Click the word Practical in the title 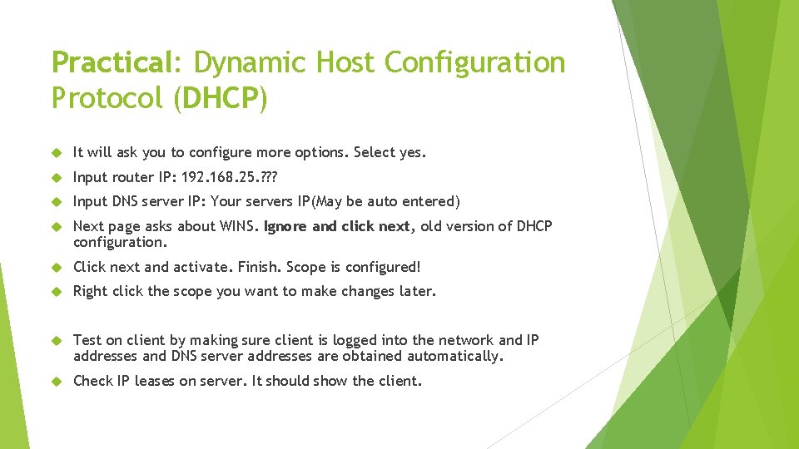click(x=110, y=63)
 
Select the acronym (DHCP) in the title click(x=221, y=98)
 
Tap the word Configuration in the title click(x=475, y=63)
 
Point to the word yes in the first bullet click(x=411, y=153)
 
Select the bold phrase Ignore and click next click(x=337, y=226)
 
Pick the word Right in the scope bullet click(x=90, y=291)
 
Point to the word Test click(x=87, y=340)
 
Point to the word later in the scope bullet click(x=418, y=291)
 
